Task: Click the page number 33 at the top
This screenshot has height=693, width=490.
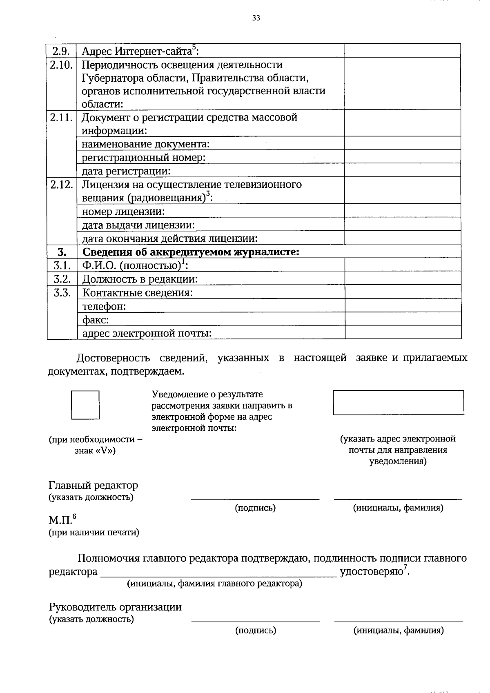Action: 256,18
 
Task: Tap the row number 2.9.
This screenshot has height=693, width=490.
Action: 62,51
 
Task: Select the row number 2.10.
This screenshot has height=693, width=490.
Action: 62,65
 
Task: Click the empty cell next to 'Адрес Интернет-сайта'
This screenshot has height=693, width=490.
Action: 402,51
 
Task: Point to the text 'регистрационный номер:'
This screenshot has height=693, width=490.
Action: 143,157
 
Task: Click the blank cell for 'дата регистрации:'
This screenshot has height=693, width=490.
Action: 402,170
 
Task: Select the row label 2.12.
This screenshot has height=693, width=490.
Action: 62,184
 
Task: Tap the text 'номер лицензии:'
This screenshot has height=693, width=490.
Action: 123,212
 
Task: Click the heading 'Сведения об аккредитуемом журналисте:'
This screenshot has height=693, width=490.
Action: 191,252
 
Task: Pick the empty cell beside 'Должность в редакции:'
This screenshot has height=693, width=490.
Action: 403,279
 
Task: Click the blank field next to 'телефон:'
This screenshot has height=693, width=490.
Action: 403,305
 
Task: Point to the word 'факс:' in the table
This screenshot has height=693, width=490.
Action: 96,319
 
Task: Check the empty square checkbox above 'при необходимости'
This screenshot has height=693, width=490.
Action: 85,405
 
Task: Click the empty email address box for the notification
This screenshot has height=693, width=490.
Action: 398,403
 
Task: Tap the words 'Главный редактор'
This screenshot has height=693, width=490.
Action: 94,486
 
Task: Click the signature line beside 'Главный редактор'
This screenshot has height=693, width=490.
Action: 255,498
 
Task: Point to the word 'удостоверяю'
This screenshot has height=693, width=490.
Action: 372,571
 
